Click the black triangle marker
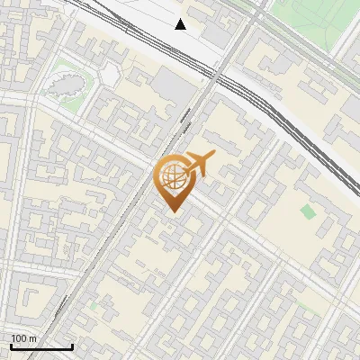(x=181, y=24)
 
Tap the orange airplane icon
(x=200, y=165)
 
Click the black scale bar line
(x=41, y=346)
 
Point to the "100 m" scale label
(x=23, y=338)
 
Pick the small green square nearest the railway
(x=309, y=211)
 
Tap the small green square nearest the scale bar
(x=93, y=306)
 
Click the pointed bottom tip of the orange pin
(x=173, y=210)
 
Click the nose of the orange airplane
(x=213, y=157)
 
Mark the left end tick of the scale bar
(x=11, y=346)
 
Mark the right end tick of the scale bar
(x=72, y=346)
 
